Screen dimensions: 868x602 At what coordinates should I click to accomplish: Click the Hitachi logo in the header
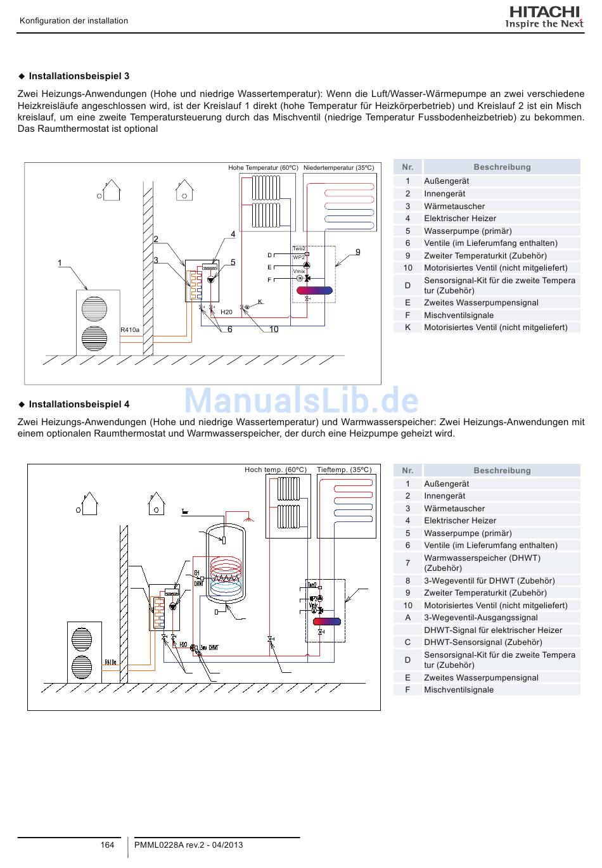coord(544,17)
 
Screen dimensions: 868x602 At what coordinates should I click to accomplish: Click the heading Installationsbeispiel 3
coord(79,76)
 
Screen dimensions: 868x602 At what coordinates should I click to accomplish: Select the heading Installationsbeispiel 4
coord(79,404)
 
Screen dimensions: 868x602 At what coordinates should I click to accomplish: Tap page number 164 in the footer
coord(107,845)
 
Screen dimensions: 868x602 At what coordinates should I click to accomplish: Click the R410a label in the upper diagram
coord(130,330)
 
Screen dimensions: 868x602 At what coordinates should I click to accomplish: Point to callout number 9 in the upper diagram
coord(358,252)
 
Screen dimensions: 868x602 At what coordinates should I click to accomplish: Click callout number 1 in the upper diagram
coord(60,263)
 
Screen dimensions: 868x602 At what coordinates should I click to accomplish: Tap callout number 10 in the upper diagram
coord(274,329)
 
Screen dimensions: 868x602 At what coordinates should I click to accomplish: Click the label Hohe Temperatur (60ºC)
coord(263,168)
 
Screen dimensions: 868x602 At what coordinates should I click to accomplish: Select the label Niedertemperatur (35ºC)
coord(338,168)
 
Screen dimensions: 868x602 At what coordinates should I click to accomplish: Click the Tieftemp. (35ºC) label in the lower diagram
coord(344,470)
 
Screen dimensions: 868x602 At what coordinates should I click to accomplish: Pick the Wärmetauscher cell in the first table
coord(454,206)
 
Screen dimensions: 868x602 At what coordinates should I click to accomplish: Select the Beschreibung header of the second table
coord(502,471)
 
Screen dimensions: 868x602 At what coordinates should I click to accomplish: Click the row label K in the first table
coord(407,328)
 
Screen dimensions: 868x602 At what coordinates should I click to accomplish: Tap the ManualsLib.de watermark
coord(301,400)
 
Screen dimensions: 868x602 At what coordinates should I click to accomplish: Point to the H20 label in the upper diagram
coord(226,312)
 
